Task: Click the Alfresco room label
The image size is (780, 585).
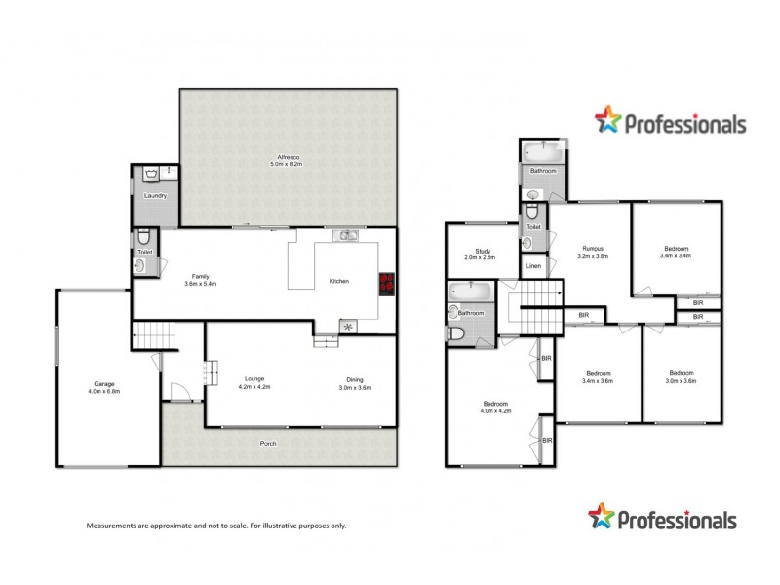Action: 287,161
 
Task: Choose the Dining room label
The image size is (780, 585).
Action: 355,383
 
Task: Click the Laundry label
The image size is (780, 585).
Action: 154,196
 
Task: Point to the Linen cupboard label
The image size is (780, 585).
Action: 533,266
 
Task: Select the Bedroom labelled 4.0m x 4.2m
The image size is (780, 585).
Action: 495,408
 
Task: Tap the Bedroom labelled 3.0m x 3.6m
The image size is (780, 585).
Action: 680,377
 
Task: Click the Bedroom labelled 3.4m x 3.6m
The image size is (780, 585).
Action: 599,377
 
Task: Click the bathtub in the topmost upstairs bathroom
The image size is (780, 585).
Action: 542,152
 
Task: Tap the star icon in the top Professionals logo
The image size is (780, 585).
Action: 607,120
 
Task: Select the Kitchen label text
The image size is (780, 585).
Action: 339,281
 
